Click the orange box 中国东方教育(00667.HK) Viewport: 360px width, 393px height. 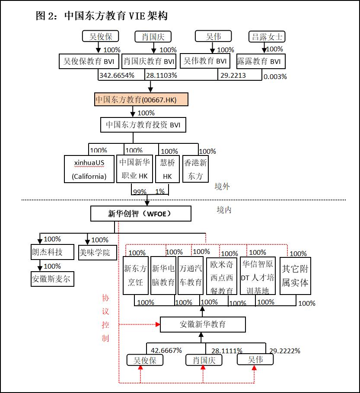(x=141, y=99)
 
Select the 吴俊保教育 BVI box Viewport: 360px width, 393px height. (x=89, y=61)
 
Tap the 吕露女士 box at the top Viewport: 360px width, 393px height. (x=268, y=37)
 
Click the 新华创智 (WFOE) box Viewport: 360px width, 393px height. (x=140, y=213)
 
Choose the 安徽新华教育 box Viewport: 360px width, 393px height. (x=203, y=324)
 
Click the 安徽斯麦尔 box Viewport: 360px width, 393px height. (x=51, y=279)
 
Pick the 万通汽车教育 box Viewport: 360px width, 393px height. (x=191, y=276)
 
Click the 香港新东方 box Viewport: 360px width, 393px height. (x=196, y=169)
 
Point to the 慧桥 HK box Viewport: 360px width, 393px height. (x=167, y=169)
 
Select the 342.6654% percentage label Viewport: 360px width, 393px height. (x=117, y=75)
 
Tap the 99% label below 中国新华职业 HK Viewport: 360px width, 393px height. (x=140, y=191)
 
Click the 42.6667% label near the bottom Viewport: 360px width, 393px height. (x=166, y=350)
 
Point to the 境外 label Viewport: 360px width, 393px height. (x=223, y=187)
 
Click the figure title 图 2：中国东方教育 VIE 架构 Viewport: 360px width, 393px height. (x=102, y=16)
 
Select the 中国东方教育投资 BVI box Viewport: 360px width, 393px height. (x=143, y=125)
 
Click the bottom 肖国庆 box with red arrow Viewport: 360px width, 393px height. (x=203, y=360)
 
